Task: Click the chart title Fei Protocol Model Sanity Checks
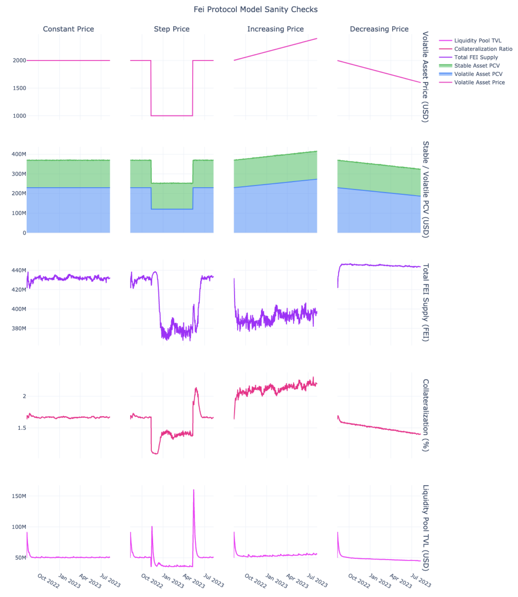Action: point(255,10)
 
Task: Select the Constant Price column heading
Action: point(68,29)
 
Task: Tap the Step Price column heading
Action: point(171,29)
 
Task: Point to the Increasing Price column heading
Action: point(275,29)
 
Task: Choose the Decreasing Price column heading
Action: point(379,29)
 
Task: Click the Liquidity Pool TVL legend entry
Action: point(477,41)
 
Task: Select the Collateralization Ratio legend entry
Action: point(483,49)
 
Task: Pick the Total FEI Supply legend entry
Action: point(476,57)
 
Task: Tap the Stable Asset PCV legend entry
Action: point(477,66)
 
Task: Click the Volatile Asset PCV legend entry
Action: point(478,74)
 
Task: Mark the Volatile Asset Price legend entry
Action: point(479,83)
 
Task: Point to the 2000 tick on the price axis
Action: point(19,60)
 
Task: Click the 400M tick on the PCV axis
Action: point(19,154)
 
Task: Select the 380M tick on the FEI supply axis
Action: point(19,328)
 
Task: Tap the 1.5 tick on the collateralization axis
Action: point(22,428)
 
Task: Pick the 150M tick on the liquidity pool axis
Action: point(19,496)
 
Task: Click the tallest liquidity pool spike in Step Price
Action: point(194,490)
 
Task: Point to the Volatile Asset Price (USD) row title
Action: point(425,77)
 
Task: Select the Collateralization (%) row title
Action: point(425,415)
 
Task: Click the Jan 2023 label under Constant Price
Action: point(69,581)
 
